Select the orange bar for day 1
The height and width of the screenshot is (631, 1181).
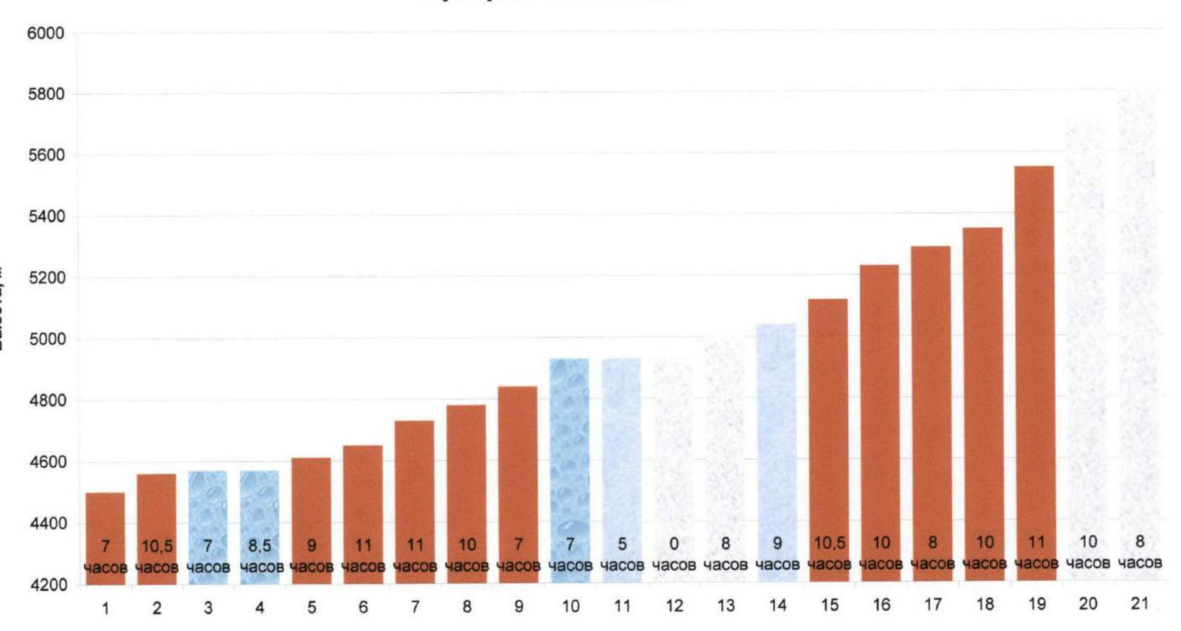[x=105, y=517]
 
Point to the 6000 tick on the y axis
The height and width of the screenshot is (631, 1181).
[x=46, y=33]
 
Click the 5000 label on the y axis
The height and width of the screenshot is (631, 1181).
[x=46, y=339]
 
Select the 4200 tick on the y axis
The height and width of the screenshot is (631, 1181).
[x=46, y=585]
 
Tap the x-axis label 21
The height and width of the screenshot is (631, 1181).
[x=1140, y=604]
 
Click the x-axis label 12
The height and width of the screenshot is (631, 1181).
[x=674, y=606]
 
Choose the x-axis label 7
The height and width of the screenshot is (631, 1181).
[x=415, y=607]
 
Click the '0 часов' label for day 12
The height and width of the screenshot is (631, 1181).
[x=674, y=554]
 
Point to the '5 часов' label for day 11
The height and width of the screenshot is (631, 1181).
[x=622, y=554]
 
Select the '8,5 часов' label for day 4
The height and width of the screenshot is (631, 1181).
[x=260, y=556]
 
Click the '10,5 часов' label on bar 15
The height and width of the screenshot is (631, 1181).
[x=830, y=554]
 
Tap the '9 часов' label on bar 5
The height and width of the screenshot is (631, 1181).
[x=311, y=556]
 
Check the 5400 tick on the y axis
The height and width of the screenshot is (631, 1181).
[x=46, y=217]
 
